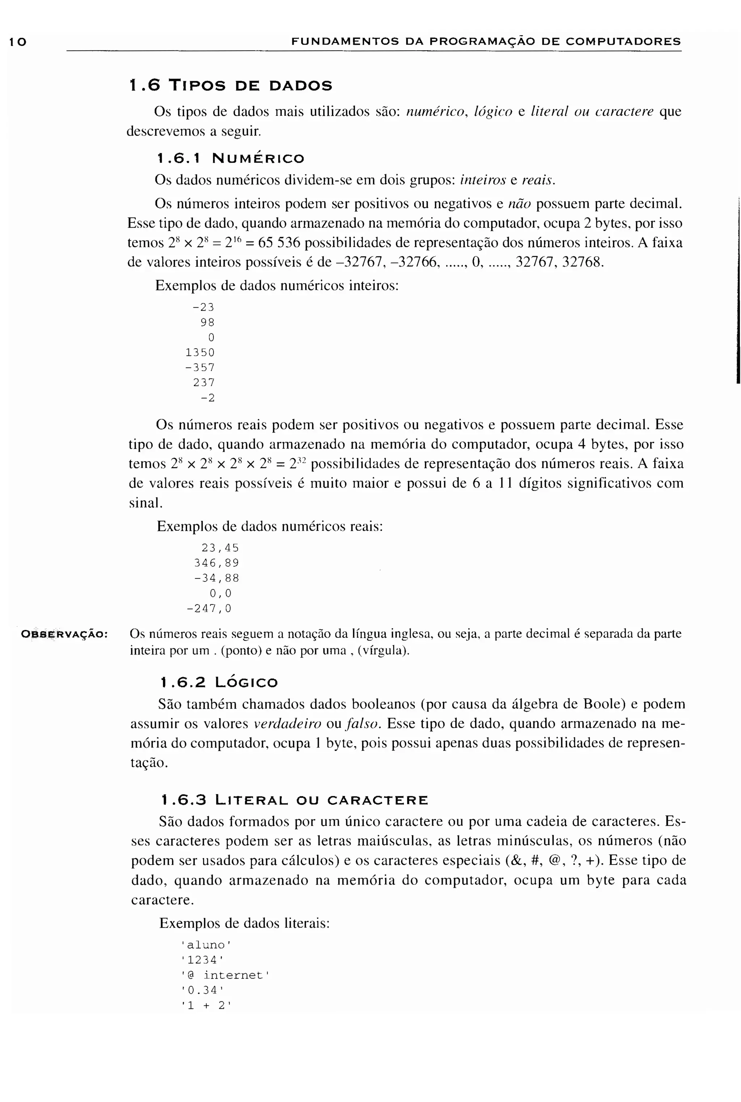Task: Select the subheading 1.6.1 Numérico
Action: (230, 158)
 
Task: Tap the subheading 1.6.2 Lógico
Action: (219, 682)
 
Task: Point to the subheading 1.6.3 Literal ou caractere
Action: (294, 800)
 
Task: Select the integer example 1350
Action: (200, 353)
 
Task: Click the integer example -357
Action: (200, 368)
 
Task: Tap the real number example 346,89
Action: (216, 563)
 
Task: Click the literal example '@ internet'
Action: (225, 975)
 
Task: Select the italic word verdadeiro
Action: (287, 724)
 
